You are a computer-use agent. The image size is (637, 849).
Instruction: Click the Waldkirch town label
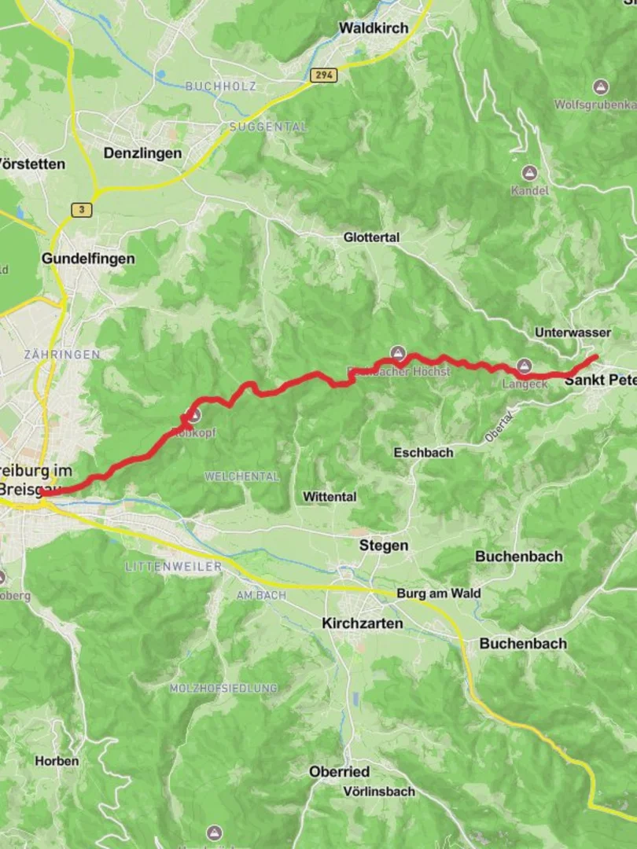click(x=374, y=28)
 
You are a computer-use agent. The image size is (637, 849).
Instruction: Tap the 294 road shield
click(x=321, y=75)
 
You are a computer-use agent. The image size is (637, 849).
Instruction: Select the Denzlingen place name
click(x=142, y=153)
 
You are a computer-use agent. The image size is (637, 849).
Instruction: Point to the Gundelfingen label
click(x=88, y=259)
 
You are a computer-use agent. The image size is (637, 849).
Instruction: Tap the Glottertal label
click(x=371, y=237)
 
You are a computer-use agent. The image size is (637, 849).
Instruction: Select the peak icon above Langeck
click(x=525, y=366)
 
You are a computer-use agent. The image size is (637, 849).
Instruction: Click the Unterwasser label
click(x=573, y=333)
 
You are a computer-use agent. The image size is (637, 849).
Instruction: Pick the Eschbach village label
click(x=423, y=453)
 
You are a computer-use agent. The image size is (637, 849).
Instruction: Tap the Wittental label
click(x=330, y=497)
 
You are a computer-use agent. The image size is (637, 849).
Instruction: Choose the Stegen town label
click(x=383, y=546)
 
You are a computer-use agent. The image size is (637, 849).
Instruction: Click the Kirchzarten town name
click(x=362, y=623)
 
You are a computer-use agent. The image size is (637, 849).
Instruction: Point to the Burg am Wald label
click(x=438, y=594)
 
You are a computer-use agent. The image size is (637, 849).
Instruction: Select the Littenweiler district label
click(x=172, y=566)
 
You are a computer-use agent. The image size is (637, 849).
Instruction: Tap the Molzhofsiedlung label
click(x=223, y=688)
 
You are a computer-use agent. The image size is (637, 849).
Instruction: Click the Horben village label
click(x=57, y=761)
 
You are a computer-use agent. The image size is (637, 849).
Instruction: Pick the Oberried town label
click(x=339, y=773)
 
